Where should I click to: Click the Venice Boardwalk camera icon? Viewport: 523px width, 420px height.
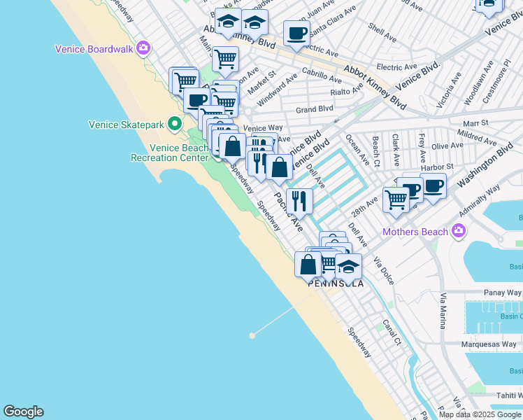(x=143, y=48)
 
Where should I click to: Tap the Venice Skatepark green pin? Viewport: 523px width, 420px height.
(x=172, y=125)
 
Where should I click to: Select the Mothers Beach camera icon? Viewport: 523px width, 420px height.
(x=459, y=230)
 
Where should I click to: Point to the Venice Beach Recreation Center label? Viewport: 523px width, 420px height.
(x=170, y=153)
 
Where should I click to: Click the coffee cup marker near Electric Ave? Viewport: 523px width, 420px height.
(x=296, y=33)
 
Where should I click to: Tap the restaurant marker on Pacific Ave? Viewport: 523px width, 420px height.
(x=299, y=201)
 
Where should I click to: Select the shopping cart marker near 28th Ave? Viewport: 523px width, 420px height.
(x=396, y=199)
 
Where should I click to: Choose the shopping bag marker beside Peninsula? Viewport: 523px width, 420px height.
(x=308, y=264)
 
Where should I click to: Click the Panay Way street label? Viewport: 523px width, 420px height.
(x=503, y=293)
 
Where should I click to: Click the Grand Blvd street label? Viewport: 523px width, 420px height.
(x=315, y=109)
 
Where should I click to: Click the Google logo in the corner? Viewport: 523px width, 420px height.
(x=23, y=412)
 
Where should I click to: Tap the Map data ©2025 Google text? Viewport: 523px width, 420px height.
(x=480, y=414)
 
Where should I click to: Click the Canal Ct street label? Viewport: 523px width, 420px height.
(x=392, y=333)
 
